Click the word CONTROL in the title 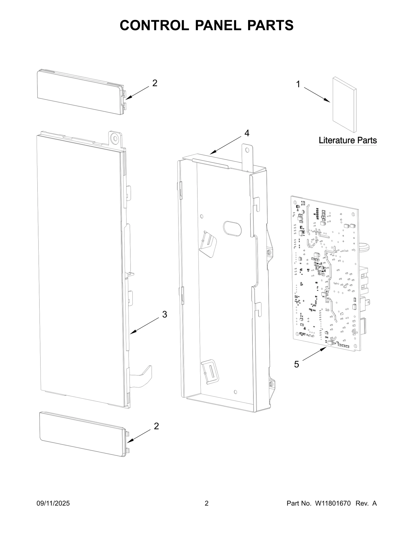154,25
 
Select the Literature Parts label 348,141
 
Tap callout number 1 298,84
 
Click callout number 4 247,133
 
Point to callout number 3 164,314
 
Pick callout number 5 296,365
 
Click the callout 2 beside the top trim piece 155,83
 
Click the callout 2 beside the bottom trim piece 156,426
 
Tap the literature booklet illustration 344,105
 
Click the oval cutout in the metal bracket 233,228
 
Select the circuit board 325,274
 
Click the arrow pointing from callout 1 317,95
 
